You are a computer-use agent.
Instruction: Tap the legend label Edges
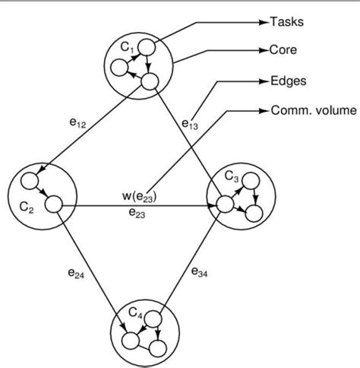[289, 81]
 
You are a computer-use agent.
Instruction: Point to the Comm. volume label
[312, 110]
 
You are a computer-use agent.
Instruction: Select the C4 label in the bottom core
[134, 311]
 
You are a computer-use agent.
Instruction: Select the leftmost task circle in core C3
[224, 204]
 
